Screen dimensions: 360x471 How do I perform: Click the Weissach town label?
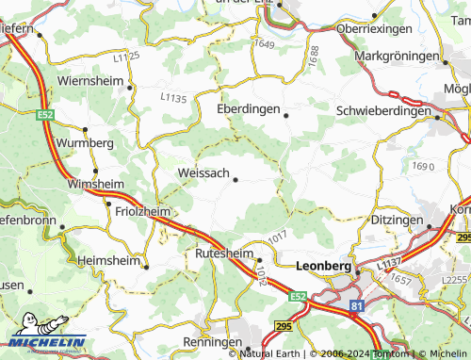tap(203, 173)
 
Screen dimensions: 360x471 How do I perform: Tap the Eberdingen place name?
tap(249, 109)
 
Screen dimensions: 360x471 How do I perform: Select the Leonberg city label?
tap(323, 267)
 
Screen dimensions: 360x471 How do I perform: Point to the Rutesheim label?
tap(222, 254)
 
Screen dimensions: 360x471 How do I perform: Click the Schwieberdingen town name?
tap(382, 110)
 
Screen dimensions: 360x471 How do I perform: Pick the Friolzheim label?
tap(142, 212)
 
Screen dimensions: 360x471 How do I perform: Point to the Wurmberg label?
tap(84, 142)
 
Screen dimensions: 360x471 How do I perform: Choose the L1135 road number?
tap(173, 96)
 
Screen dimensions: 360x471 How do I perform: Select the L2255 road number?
tap(455, 280)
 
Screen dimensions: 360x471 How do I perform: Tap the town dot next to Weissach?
tap(235, 179)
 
